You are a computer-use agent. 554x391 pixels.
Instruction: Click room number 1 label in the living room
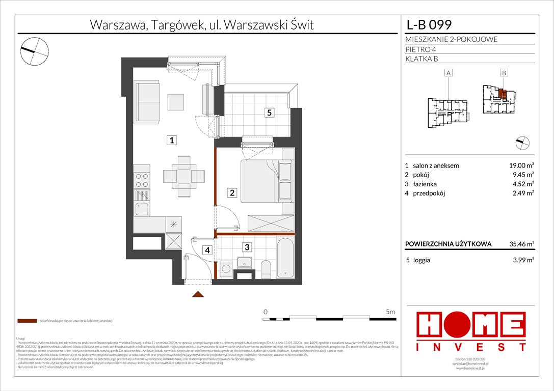(173, 141)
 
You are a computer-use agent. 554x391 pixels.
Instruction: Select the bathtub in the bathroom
(285, 257)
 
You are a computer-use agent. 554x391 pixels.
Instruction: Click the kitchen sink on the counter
(142, 209)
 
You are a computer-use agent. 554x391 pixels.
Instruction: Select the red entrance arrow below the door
(198, 294)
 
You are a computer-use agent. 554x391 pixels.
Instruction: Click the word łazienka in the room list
(425, 184)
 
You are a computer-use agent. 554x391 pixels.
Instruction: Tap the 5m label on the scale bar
(390, 311)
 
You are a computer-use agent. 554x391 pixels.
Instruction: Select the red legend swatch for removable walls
(27, 321)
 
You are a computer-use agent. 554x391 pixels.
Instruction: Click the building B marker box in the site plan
(504, 73)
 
